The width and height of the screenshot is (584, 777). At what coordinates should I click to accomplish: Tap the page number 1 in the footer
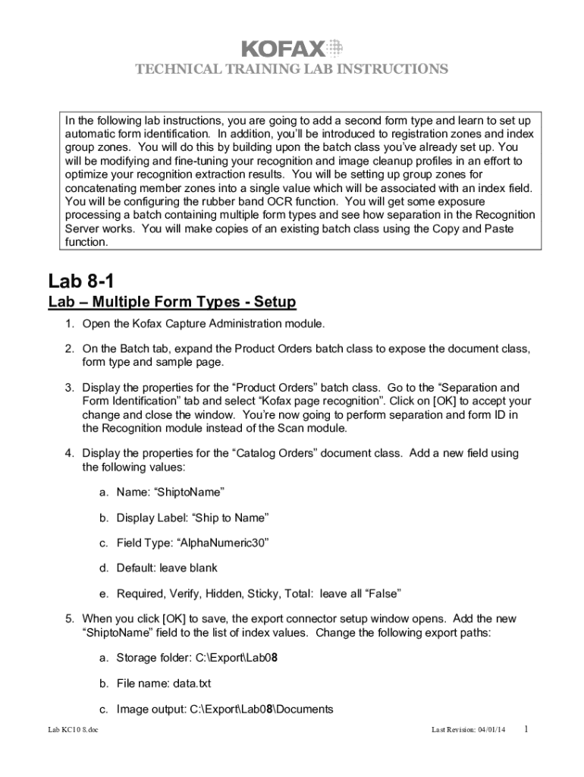tap(526, 729)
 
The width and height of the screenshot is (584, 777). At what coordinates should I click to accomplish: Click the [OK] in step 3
tap(430, 401)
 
